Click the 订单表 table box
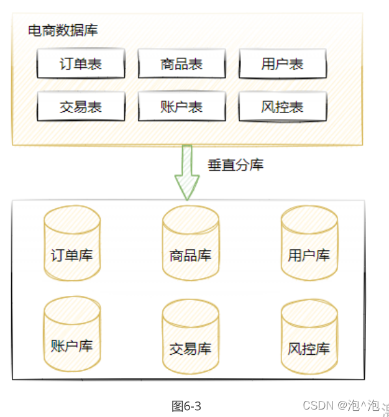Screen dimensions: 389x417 [81, 63]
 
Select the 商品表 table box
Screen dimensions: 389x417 [182, 63]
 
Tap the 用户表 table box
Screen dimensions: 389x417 [283, 63]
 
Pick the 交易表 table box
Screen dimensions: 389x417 [81, 106]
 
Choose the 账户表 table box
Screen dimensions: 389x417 [182, 106]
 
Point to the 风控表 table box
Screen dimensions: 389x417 [283, 106]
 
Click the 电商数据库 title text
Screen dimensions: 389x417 [63, 30]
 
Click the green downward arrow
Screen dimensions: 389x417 [187, 172]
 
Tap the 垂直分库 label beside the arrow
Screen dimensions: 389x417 [236, 165]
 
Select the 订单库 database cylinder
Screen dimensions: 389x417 [72, 243]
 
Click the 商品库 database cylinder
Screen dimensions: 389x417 [191, 243]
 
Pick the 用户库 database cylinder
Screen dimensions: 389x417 [309, 243]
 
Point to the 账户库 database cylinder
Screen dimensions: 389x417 [72, 334]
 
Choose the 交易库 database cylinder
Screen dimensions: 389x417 [191, 336]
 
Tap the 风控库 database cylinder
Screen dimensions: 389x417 [309, 336]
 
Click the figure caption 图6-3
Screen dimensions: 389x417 [186, 406]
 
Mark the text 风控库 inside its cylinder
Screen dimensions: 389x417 [309, 349]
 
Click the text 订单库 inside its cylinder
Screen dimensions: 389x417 [72, 255]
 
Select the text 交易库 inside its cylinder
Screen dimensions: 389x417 [190, 349]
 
